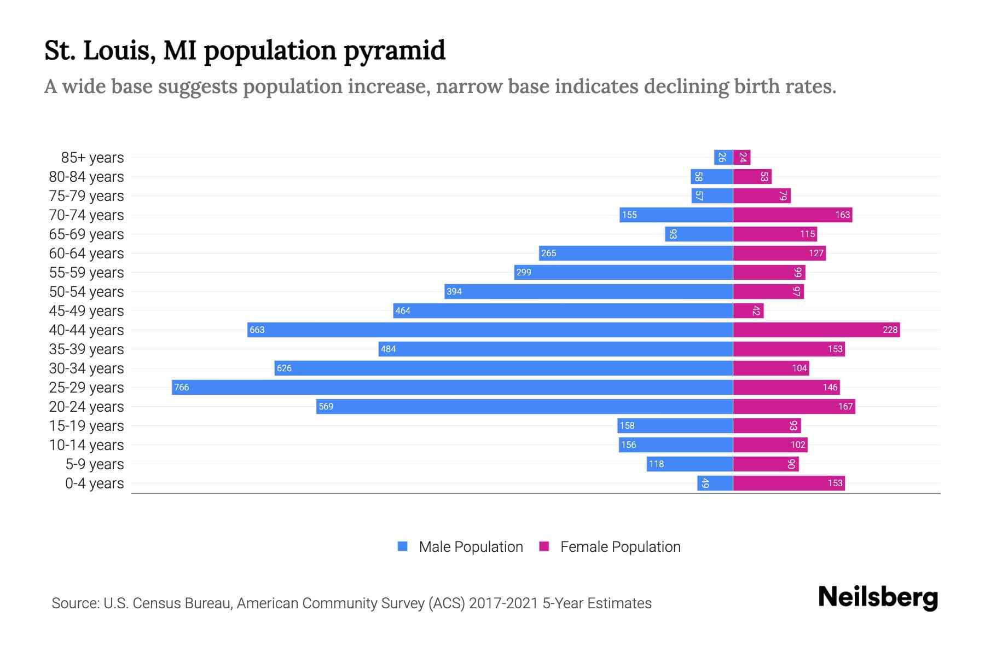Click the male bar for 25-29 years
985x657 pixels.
click(x=452, y=387)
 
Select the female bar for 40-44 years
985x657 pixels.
click(x=816, y=330)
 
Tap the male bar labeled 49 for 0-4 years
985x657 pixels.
click(x=715, y=483)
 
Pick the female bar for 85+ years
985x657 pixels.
click(x=741, y=157)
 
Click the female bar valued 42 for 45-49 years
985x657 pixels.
click(x=748, y=310)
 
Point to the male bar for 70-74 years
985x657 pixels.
click(x=676, y=215)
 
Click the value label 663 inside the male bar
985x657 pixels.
click(x=257, y=330)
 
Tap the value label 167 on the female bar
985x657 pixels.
click(x=845, y=406)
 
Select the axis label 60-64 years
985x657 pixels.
click(x=86, y=253)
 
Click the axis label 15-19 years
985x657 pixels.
click(x=86, y=426)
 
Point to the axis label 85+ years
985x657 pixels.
click(x=92, y=158)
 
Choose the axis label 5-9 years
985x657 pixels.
click(x=95, y=464)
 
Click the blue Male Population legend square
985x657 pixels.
click(x=403, y=546)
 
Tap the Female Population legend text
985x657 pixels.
click(x=620, y=546)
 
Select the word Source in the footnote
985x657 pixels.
click(x=74, y=603)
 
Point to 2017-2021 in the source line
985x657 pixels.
click(x=503, y=603)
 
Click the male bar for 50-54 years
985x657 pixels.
click(x=588, y=291)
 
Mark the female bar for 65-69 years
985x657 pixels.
click(x=775, y=234)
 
